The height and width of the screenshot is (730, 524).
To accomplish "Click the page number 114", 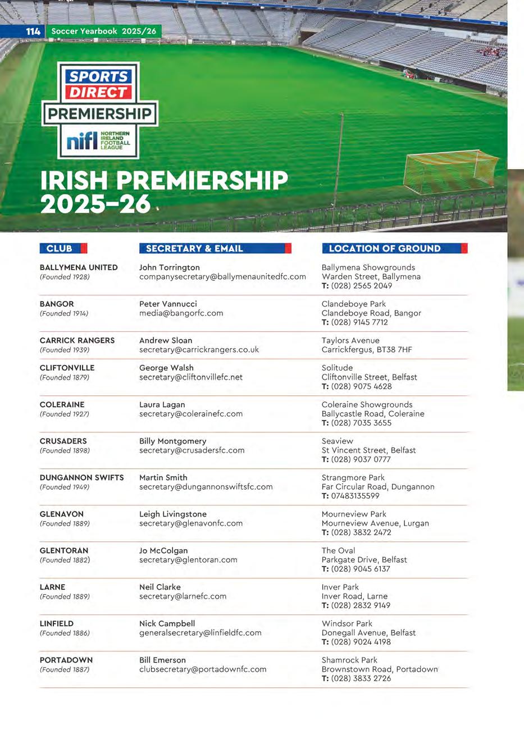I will click(x=33, y=31).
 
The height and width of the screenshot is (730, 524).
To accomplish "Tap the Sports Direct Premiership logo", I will click(x=99, y=110).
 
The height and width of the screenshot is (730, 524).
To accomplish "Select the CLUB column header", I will click(x=60, y=248).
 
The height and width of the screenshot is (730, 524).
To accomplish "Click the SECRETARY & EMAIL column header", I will click(x=194, y=248).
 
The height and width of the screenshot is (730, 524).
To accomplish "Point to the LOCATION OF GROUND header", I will click(x=385, y=248).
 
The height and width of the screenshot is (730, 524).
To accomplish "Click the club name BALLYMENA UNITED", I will click(x=79, y=267).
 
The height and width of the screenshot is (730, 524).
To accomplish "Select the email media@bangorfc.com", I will click(x=181, y=313).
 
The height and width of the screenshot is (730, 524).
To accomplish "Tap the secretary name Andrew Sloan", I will click(x=166, y=340).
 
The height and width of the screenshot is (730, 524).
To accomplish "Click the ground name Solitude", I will click(x=337, y=368).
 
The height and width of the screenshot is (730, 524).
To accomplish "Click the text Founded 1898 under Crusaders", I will click(x=65, y=450).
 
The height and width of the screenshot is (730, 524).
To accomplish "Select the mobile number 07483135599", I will click(x=355, y=496).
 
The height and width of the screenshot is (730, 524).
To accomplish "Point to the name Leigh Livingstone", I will click(x=173, y=514).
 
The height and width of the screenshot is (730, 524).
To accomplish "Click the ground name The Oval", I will click(x=338, y=550).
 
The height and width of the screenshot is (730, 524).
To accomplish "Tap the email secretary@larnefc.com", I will click(x=183, y=596).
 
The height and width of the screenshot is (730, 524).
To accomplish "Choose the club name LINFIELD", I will click(x=57, y=623).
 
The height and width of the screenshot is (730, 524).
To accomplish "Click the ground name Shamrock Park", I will click(x=349, y=660).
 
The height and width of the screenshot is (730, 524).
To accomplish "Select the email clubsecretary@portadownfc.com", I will click(x=203, y=669).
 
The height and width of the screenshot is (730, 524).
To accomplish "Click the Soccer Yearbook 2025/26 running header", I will click(x=104, y=31).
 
